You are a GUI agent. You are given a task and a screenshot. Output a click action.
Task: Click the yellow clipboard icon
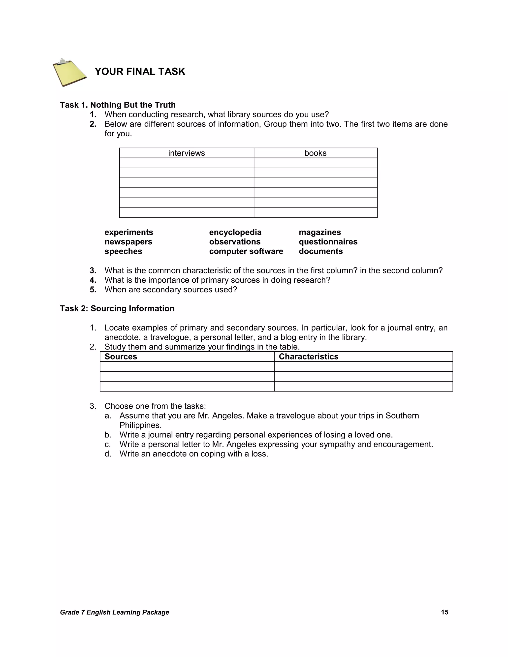tap(69, 72)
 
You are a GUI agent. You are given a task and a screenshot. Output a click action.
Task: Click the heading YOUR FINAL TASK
tap(140, 72)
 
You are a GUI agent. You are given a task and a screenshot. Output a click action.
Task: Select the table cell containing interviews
tap(186, 153)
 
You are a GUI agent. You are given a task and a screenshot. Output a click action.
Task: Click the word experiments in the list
tap(129, 232)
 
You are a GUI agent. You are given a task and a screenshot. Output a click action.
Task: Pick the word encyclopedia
tap(235, 232)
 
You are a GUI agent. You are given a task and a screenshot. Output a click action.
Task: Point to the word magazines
tap(319, 232)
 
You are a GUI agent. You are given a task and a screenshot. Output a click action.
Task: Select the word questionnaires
tap(328, 242)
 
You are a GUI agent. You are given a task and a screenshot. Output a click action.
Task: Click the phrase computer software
tap(246, 251)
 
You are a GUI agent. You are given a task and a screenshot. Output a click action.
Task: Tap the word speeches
tap(123, 251)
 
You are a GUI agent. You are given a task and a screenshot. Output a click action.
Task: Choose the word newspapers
tap(128, 242)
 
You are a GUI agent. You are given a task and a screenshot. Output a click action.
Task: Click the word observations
tap(235, 242)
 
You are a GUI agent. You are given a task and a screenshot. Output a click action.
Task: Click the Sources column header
tap(121, 357)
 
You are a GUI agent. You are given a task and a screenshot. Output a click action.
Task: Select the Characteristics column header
tap(309, 357)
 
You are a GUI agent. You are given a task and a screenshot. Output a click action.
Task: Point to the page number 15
tap(444, 612)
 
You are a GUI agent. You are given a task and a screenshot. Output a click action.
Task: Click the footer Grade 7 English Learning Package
tap(114, 612)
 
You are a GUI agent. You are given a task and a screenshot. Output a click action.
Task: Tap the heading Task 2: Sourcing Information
tap(117, 308)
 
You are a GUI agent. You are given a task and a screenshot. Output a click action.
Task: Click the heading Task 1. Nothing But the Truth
tap(118, 105)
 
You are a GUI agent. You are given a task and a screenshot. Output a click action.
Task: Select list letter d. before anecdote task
tap(108, 454)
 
